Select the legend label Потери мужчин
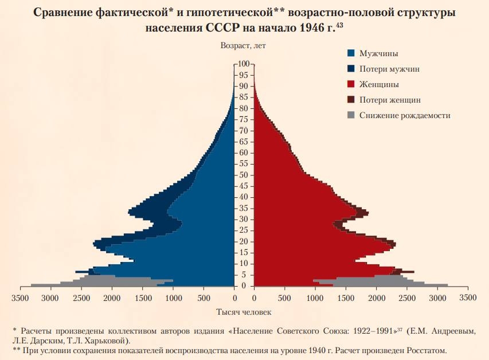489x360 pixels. coord(389,69)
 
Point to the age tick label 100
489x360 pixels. coord(244,64)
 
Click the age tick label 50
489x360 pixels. coord(244,175)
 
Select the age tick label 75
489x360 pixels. coord(244,119)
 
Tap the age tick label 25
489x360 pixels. coord(244,230)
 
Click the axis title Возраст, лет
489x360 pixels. coord(243,45)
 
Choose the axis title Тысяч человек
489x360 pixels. coord(244,312)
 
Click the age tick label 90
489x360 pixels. coord(244,86)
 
